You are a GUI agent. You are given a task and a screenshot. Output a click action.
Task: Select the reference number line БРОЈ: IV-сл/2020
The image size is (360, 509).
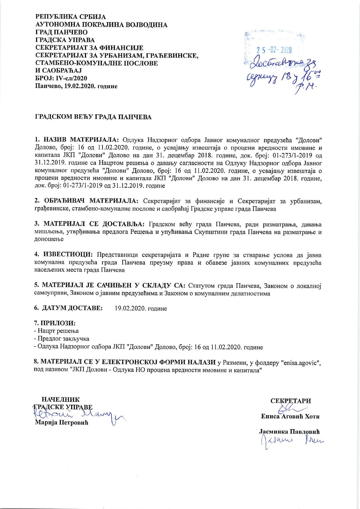tap(61, 78)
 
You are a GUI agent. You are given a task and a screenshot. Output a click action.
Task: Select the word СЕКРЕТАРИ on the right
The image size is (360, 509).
tap(290, 401)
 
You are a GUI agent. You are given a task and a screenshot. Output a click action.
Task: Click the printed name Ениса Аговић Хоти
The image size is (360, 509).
tap(290, 416)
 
